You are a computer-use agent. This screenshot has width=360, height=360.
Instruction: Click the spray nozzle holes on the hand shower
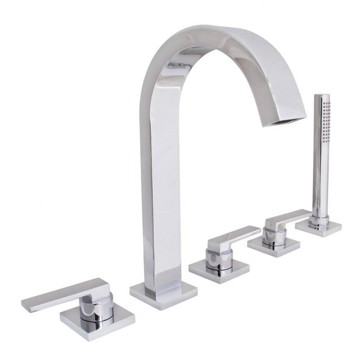pyautogui.click(x=326, y=119)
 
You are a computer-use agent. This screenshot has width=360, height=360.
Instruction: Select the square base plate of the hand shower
pyautogui.click(x=319, y=229)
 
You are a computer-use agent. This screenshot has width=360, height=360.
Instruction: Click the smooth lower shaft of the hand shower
pyautogui.click(x=320, y=180)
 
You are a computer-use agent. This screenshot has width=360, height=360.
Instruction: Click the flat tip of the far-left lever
pyautogui.click(x=27, y=304)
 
